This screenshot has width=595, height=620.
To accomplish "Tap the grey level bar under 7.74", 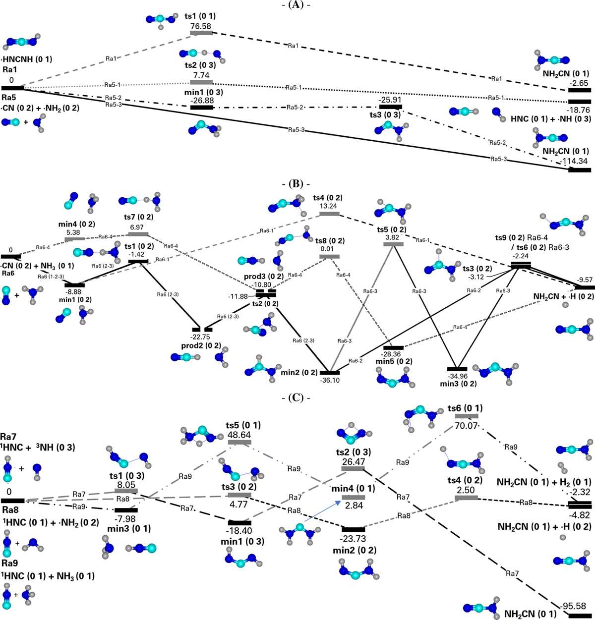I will tap(201, 82).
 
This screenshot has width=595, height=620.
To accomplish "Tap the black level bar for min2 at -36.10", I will tap(329, 372).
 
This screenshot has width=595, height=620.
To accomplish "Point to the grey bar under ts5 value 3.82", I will tap(393, 244).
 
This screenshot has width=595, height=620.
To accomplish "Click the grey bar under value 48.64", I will tap(239, 441).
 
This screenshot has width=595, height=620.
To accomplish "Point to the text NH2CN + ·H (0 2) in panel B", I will tap(563, 296).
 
